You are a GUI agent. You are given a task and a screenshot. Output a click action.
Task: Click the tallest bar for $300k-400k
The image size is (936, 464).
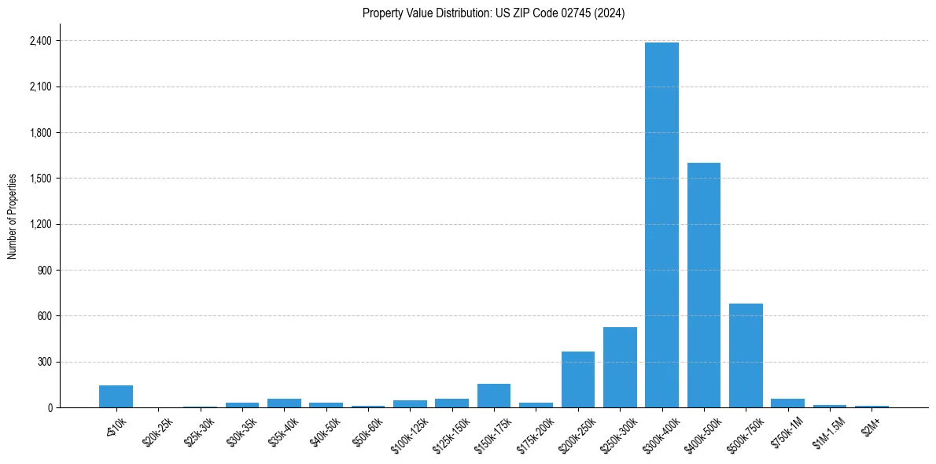pyautogui.click(x=661, y=225)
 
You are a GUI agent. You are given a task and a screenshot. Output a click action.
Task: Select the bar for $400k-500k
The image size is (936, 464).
pyautogui.click(x=704, y=285)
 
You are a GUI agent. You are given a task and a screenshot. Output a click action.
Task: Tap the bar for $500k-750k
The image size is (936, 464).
pyautogui.click(x=746, y=355)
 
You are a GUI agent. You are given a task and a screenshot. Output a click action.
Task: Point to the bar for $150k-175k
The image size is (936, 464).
pyautogui.click(x=494, y=396)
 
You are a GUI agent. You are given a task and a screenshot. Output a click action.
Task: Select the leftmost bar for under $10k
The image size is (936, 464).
pyautogui.click(x=116, y=396)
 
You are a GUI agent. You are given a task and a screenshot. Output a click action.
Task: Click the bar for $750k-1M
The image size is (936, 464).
pyautogui.click(x=787, y=403)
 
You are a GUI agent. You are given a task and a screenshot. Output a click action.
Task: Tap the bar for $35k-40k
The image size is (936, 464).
pyautogui.click(x=284, y=403)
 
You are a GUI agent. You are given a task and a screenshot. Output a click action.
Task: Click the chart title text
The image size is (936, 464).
pyautogui.click(x=493, y=13)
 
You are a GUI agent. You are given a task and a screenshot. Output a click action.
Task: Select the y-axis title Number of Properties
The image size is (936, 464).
pyautogui.click(x=13, y=216)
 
